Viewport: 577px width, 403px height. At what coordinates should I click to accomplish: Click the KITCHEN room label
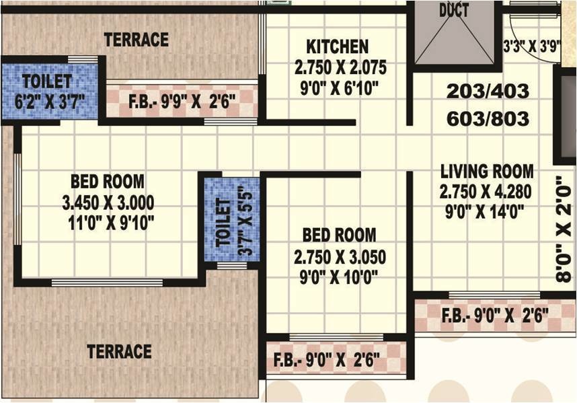(x=337, y=46)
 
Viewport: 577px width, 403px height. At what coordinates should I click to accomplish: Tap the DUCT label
(x=454, y=11)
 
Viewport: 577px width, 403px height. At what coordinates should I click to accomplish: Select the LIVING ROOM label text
(x=487, y=172)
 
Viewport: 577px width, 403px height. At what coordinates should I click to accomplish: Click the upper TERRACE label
(x=136, y=40)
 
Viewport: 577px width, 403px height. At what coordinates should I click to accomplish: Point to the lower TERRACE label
(x=119, y=351)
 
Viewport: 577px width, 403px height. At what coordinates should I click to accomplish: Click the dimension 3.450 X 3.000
(x=108, y=203)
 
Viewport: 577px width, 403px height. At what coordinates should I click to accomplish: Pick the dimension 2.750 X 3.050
(x=340, y=257)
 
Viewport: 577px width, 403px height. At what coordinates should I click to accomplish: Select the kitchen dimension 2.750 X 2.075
(x=340, y=67)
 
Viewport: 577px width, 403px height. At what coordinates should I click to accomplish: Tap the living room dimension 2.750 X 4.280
(x=486, y=192)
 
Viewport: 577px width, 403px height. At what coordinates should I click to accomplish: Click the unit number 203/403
(x=488, y=91)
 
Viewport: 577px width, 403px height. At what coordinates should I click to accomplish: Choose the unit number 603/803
(x=488, y=119)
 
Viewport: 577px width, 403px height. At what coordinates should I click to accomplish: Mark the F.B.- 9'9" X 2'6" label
(x=182, y=101)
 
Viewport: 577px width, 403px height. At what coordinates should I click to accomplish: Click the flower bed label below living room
(x=495, y=316)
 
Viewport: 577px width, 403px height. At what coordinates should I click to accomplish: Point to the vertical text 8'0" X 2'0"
(x=564, y=229)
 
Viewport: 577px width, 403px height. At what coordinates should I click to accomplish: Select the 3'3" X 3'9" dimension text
(x=532, y=46)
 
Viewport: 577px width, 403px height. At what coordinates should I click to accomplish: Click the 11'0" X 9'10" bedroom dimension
(x=111, y=223)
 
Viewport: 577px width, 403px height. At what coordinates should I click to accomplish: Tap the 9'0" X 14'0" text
(x=485, y=212)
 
